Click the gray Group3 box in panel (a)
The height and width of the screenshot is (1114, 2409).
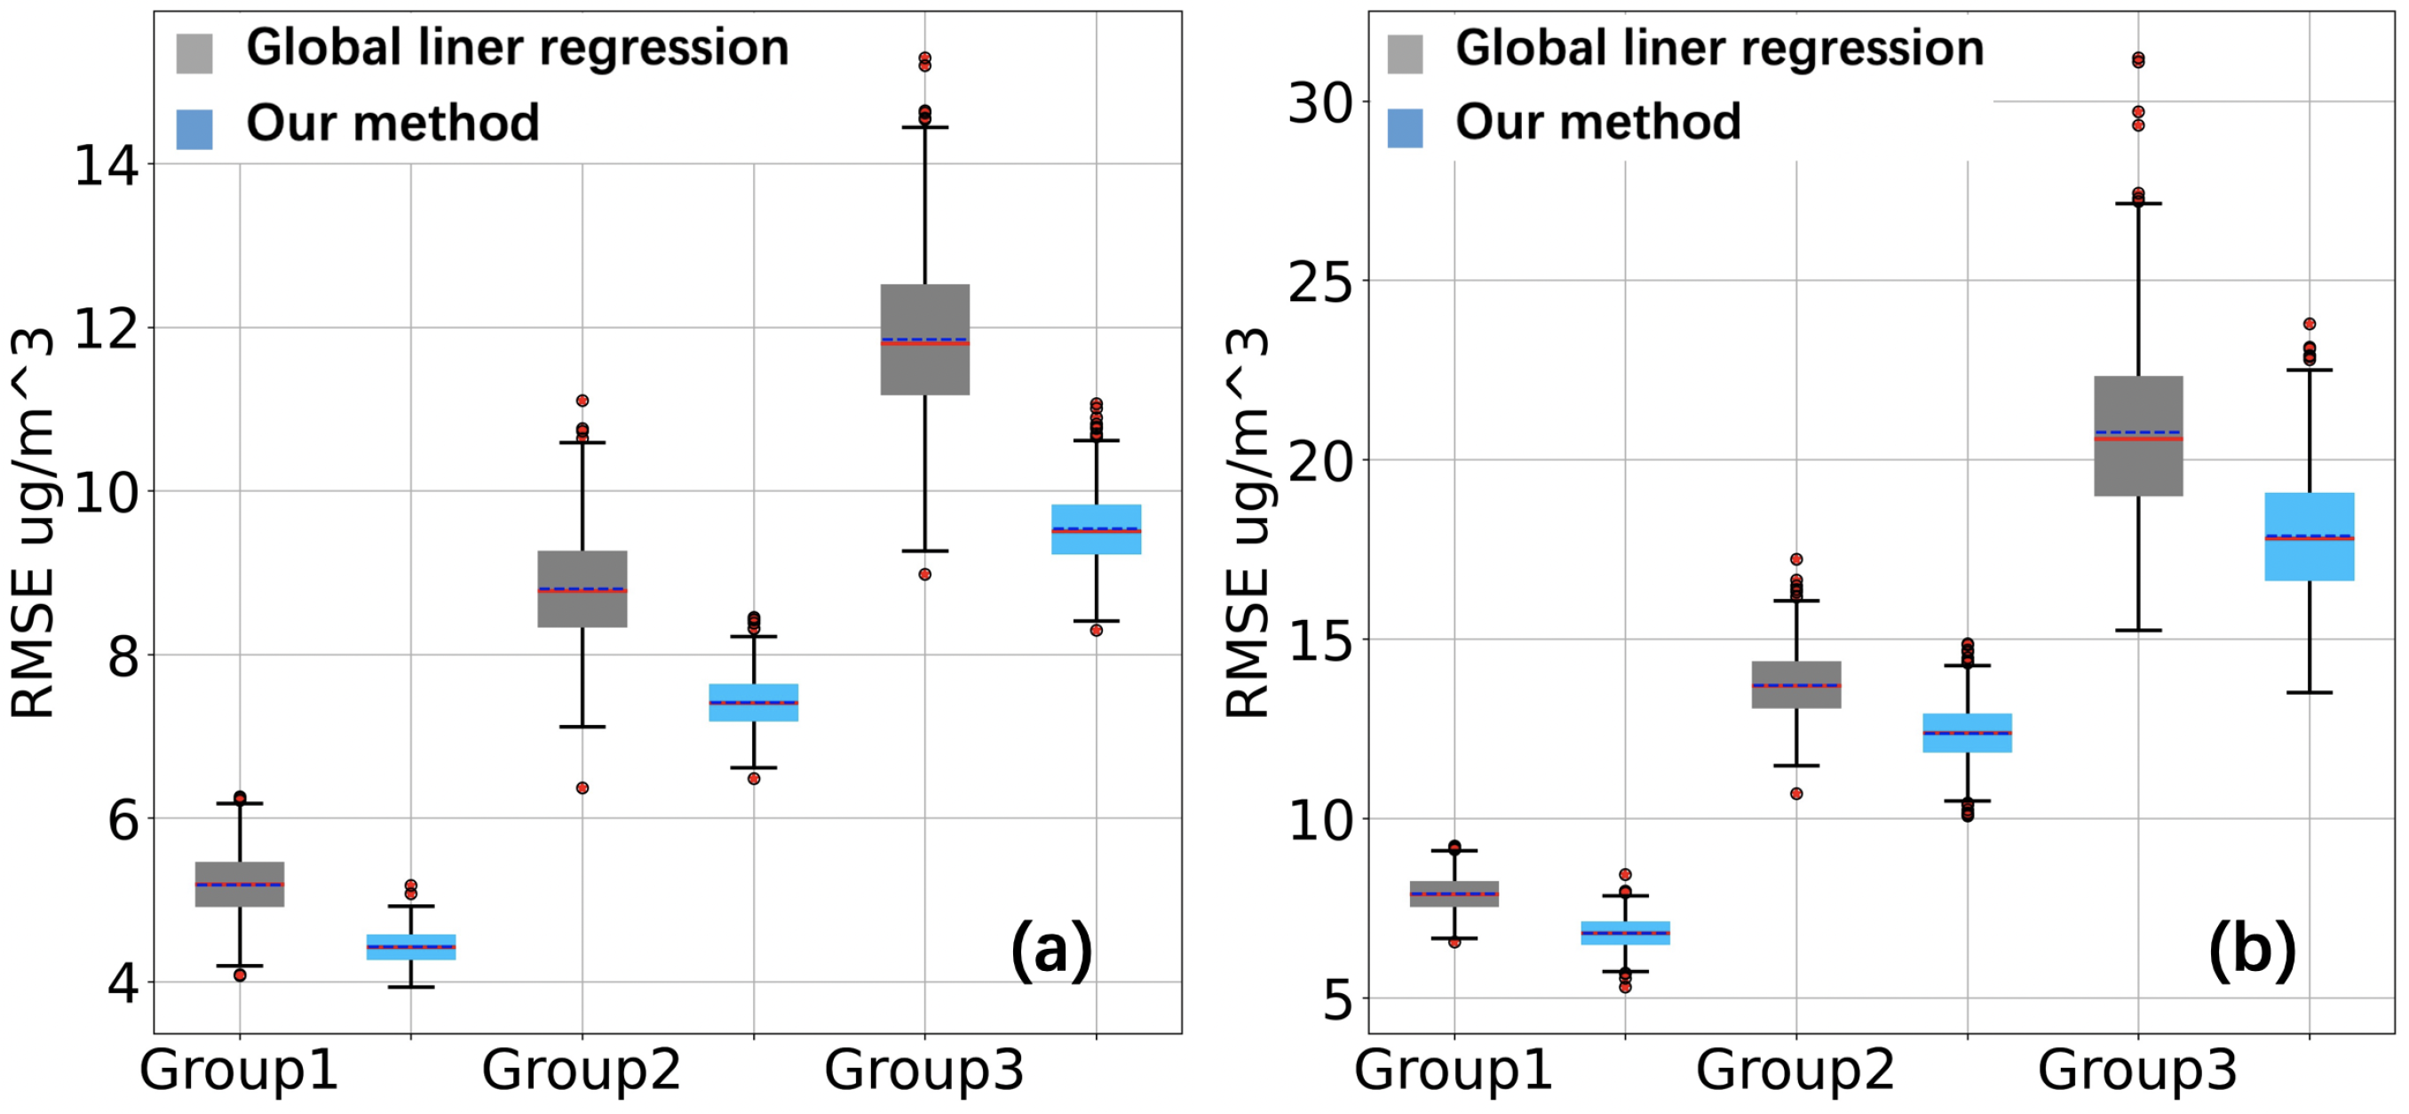pyautogui.click(x=925, y=338)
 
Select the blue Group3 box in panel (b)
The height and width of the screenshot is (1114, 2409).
pyautogui.click(x=2309, y=536)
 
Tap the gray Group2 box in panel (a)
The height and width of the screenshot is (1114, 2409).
pyautogui.click(x=582, y=588)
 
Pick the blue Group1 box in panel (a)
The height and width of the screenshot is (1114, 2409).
pyautogui.click(x=410, y=947)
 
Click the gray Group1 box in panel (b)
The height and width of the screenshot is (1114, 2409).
pyautogui.click(x=1454, y=894)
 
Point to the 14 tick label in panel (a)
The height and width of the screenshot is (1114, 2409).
pyautogui.click(x=106, y=166)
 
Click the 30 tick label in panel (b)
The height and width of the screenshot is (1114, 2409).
pyautogui.click(x=1320, y=103)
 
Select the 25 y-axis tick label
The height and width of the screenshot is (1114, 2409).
pyautogui.click(x=1320, y=282)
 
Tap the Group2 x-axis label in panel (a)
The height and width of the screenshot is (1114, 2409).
pyautogui.click(x=581, y=1069)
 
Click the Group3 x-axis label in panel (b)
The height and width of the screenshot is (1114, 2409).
pyautogui.click(x=2138, y=1069)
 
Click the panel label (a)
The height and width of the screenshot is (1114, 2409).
pyautogui.click(x=1051, y=950)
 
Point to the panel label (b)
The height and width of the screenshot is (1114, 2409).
pyautogui.click(x=2252, y=950)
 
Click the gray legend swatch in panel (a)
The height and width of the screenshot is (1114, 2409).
pyautogui.click(x=194, y=52)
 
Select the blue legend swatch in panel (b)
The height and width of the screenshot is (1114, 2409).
pyautogui.click(x=1405, y=128)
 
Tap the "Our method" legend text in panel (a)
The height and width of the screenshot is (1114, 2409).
pyautogui.click(x=392, y=123)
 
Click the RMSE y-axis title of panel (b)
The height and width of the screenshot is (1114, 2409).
pyautogui.click(x=1248, y=524)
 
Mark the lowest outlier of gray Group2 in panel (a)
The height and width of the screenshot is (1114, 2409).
pyautogui.click(x=582, y=788)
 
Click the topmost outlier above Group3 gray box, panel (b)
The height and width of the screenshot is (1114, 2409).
pyautogui.click(x=2138, y=59)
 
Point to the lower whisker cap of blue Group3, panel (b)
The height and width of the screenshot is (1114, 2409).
pyautogui.click(x=2309, y=693)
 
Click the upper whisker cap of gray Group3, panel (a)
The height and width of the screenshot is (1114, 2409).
pyautogui.click(x=925, y=127)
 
